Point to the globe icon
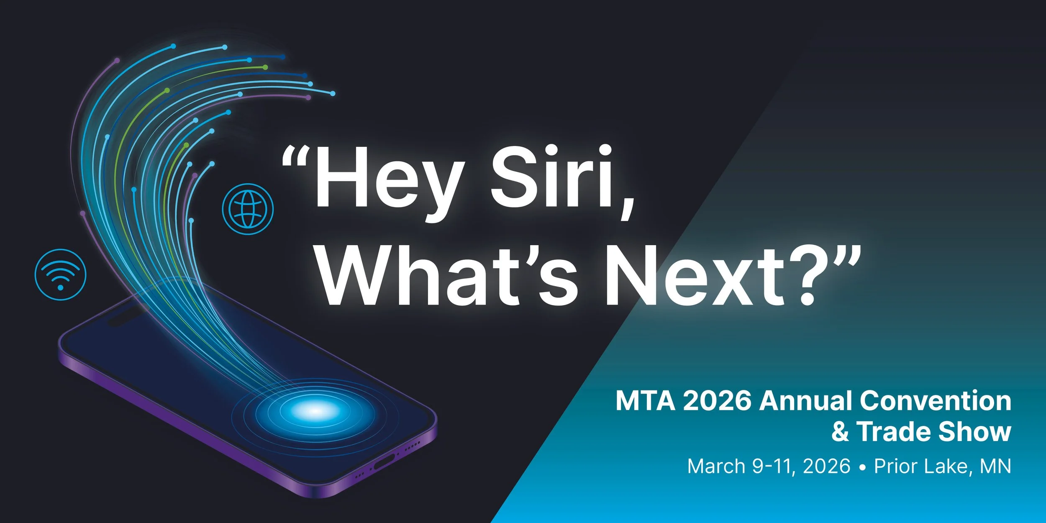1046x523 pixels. click(248, 209)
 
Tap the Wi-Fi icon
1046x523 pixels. click(60, 274)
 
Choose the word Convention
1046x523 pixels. click(936, 401)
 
